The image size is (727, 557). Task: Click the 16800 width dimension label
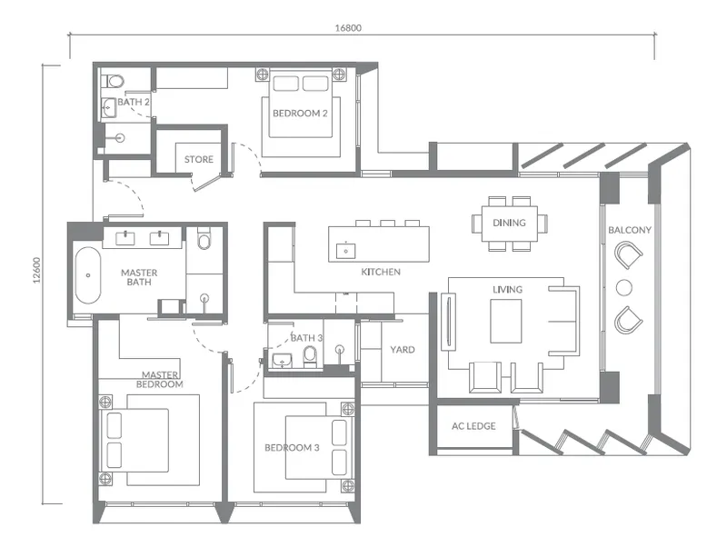tap(348, 27)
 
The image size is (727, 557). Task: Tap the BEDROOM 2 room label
tap(300, 113)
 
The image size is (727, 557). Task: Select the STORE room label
tap(199, 159)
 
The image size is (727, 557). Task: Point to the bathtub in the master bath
tap(87, 274)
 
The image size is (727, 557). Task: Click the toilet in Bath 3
tap(309, 353)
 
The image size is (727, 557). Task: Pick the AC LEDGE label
tap(473, 425)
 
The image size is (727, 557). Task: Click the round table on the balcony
tap(623, 288)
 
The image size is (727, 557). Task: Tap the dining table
tap(509, 223)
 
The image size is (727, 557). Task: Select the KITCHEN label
tap(381, 272)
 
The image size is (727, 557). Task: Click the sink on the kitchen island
tap(345, 248)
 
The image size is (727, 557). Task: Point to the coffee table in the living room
tap(506, 321)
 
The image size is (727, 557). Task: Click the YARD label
tap(403, 349)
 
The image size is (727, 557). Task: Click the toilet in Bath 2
tap(114, 81)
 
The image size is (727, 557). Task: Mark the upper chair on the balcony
tap(627, 259)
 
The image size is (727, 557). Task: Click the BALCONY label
tap(630, 231)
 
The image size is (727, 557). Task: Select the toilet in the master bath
tap(204, 239)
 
